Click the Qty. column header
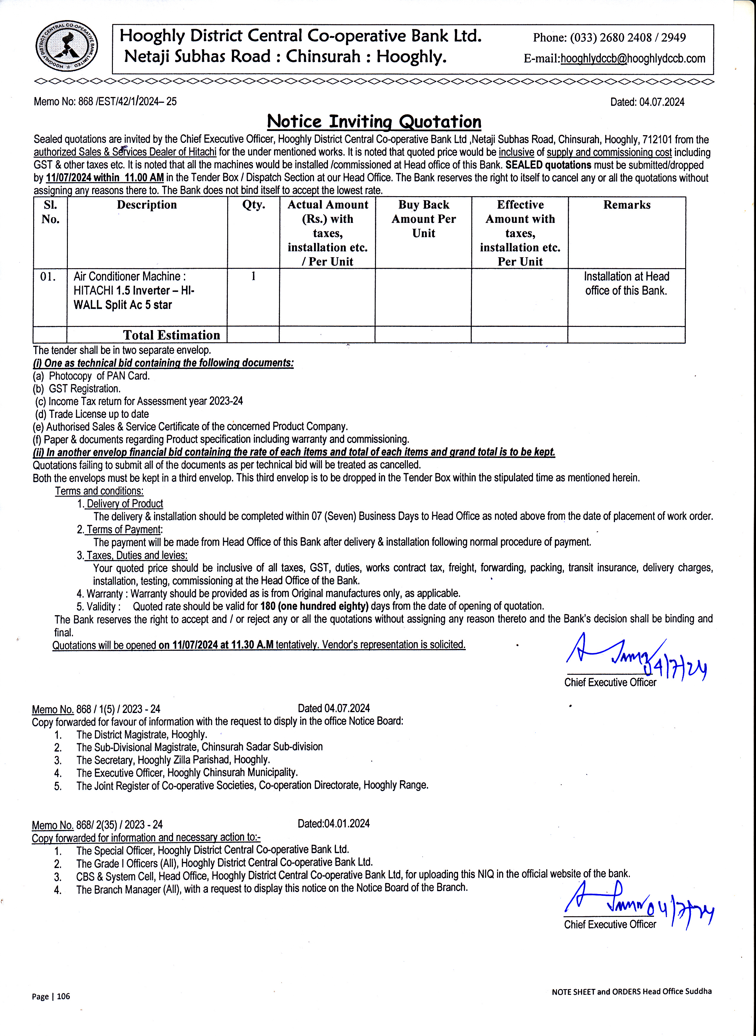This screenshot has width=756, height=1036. click(x=254, y=205)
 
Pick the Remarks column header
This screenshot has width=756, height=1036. click(x=627, y=205)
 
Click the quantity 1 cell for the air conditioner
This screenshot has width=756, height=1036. click(x=254, y=276)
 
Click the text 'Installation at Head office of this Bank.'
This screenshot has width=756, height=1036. click(x=626, y=283)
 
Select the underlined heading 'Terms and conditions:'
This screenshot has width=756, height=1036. click(x=99, y=491)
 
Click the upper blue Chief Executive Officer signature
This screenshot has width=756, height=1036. click(x=636, y=657)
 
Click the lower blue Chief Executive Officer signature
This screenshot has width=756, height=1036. click(x=638, y=908)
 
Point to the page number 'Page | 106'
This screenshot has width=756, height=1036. click(x=51, y=996)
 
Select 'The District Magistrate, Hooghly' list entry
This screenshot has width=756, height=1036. click(x=141, y=734)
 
